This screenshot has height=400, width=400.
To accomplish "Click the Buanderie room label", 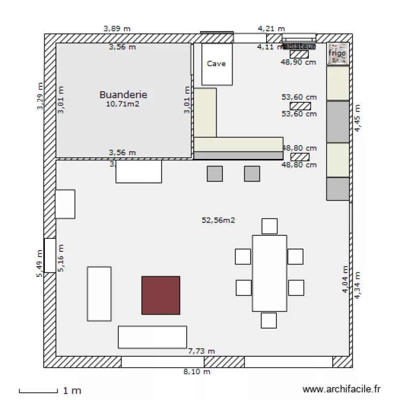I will pos(123,94).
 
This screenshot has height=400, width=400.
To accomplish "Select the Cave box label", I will pos(216,63).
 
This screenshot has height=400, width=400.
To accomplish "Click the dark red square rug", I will pos(161,295).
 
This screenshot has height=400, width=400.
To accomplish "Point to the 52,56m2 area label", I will pos(219,220).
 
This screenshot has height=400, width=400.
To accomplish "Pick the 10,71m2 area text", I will pos(123,104).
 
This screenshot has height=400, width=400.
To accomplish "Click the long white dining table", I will pos(269,273).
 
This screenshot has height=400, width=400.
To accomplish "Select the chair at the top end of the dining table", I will pos(269,226).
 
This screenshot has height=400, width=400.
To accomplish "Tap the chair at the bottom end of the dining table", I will pos(269,321).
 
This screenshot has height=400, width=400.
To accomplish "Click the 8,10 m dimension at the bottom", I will pos(197,372).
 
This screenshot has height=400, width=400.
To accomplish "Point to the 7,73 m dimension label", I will pos(202,351).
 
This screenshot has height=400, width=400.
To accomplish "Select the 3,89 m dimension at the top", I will pos(117,28).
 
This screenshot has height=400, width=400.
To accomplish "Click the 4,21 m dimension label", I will pos(271,28).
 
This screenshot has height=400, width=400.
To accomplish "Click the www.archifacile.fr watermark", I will pos(341,390).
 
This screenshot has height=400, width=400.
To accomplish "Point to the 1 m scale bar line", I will pos(38,392).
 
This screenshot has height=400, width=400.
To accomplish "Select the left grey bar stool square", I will pos(215,174).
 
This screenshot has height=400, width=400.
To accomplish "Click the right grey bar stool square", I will pos(252,174).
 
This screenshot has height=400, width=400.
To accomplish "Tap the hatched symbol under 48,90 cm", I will pos(299,54).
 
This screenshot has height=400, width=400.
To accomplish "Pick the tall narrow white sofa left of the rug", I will pos(99,294).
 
